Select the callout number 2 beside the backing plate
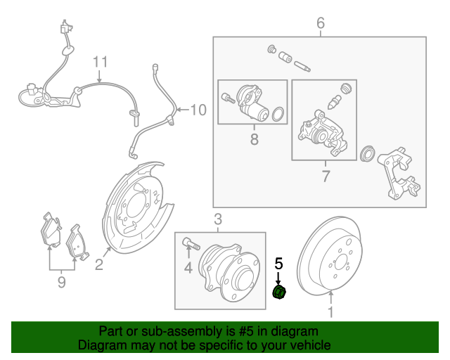(98, 264)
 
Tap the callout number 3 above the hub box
(217, 219)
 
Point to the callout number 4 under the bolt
(188, 267)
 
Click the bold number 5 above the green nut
(278, 264)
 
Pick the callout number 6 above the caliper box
(321, 24)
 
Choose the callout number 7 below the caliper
(325, 175)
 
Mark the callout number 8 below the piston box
(254, 140)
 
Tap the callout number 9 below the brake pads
(61, 282)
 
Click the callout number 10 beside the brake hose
(199, 110)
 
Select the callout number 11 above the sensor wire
(101, 62)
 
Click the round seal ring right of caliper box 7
(366, 154)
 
